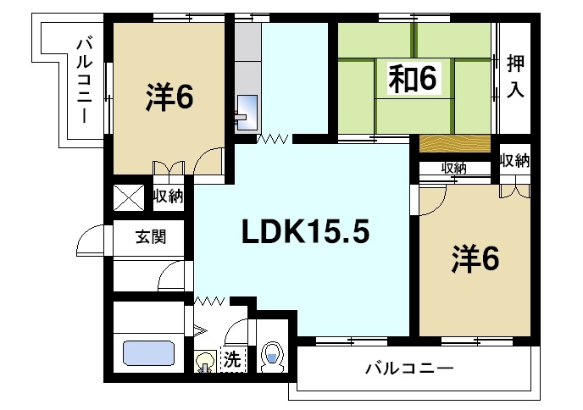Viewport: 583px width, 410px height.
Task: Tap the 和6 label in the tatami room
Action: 413,79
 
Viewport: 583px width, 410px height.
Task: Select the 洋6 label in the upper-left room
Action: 169,97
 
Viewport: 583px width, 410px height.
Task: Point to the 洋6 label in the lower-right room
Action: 474,257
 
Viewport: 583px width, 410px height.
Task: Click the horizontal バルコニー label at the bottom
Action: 410,369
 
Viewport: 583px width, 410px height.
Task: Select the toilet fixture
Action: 273,357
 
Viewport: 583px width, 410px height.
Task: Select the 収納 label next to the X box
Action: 169,197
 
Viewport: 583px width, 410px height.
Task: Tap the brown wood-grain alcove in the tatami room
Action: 454,142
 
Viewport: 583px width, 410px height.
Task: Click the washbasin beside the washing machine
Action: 205,362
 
